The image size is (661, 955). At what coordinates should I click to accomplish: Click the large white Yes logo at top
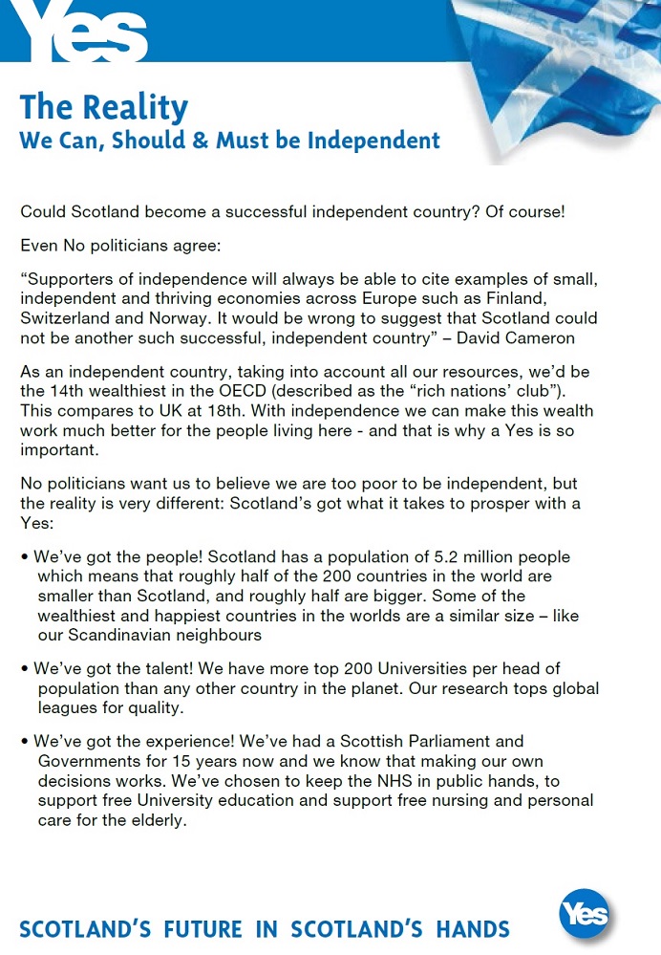point(84,33)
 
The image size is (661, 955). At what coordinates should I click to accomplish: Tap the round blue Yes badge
point(584,915)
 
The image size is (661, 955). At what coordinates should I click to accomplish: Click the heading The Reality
point(104,107)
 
